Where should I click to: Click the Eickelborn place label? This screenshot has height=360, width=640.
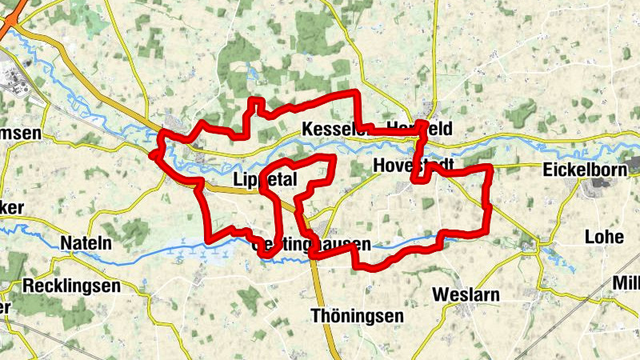click(582, 170)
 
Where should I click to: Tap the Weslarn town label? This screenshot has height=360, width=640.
click(466, 294)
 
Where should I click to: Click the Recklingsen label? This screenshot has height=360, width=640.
click(72, 285)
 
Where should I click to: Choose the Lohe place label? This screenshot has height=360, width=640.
click(604, 237)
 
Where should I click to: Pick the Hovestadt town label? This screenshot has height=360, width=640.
click(414, 165)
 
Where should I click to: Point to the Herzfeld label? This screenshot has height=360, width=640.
click(419, 129)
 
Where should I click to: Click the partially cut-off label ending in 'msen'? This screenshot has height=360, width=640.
click(21, 134)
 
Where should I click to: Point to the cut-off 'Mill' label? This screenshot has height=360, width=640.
click(626, 282)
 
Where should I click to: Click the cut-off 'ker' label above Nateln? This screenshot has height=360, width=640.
click(11, 208)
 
